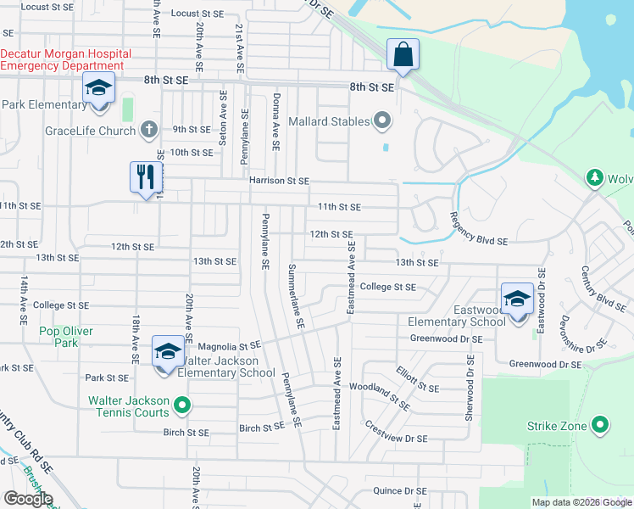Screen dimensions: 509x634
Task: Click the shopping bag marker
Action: (403, 54)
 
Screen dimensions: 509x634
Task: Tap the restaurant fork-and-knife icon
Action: (145, 176)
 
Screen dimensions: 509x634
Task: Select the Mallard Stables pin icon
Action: (381, 121)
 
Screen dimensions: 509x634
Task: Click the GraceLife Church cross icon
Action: (148, 130)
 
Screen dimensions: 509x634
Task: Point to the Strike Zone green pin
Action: (601, 425)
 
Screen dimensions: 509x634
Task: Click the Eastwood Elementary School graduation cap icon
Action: (517, 299)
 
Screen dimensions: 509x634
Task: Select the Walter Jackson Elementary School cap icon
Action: (167, 352)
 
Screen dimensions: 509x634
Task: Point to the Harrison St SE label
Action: (279, 181)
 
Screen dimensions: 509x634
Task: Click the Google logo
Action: (28, 499)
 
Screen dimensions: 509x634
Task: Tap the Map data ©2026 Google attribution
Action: (581, 502)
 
